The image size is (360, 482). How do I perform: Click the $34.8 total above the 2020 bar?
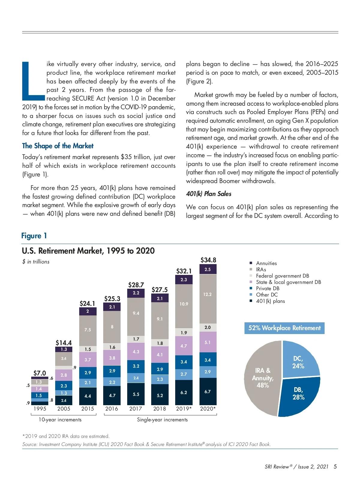tap(208, 260)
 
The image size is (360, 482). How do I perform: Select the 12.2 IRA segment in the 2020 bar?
tap(208, 294)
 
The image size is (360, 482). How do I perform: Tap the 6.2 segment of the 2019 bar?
tap(184, 392)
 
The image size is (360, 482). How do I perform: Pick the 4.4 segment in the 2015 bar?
tap(88, 396)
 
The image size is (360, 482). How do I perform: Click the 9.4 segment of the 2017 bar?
tap(136, 313)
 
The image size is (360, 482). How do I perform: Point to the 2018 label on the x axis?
tap(160, 409)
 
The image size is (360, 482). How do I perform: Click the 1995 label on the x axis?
tap(40, 409)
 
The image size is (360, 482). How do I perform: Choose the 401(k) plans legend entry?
tap(270, 301)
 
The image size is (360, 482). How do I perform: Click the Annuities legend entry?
tap(266, 263)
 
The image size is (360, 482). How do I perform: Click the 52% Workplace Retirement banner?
tap(284, 328)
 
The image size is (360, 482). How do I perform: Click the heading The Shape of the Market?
tap(58, 146)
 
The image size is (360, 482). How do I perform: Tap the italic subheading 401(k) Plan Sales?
tap(208, 194)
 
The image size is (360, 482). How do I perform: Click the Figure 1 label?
tap(34, 236)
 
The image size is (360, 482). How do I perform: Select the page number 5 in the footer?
tap(335, 466)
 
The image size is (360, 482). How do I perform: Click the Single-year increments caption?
tap(162, 420)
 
